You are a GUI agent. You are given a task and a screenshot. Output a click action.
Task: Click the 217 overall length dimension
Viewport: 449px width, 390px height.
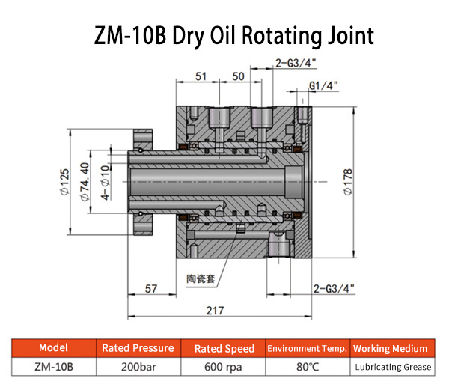(x=215, y=311)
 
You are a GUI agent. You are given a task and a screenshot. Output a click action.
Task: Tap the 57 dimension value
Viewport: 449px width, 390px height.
(x=151, y=289)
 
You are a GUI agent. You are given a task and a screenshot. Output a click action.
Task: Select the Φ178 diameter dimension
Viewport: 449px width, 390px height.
(x=348, y=182)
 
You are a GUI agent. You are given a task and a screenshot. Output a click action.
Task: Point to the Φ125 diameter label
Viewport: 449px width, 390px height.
(x=64, y=182)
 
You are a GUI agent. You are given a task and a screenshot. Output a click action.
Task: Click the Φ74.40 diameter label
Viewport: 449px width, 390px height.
(x=85, y=182)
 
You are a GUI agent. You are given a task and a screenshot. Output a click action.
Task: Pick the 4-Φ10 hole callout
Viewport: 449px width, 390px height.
(x=106, y=183)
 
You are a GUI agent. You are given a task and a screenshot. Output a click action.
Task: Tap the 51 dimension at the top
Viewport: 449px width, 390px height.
(x=201, y=76)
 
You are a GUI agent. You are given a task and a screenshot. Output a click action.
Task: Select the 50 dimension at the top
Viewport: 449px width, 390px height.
(x=238, y=76)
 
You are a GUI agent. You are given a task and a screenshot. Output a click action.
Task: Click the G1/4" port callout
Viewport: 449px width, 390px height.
(x=323, y=85)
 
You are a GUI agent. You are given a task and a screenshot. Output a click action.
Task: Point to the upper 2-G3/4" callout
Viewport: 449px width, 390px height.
(x=296, y=63)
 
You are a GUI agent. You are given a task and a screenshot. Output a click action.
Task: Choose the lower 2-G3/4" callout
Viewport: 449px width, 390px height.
(x=334, y=289)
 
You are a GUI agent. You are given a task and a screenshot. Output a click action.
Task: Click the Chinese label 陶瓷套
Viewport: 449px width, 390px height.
(x=201, y=278)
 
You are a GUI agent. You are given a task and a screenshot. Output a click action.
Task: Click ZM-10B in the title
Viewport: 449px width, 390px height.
(x=130, y=36)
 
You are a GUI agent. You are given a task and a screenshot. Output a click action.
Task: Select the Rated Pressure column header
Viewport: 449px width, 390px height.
(x=138, y=348)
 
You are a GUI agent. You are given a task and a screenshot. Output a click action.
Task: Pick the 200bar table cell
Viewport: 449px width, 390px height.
(x=138, y=367)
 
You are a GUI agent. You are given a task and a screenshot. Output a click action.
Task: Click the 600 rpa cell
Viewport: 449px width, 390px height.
(x=223, y=367)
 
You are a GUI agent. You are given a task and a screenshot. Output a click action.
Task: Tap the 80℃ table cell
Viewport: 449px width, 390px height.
(x=308, y=367)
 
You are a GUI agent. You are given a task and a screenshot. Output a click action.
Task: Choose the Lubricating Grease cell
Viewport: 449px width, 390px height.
(x=393, y=367)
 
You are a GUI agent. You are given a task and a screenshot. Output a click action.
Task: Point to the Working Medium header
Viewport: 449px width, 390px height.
(x=390, y=349)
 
